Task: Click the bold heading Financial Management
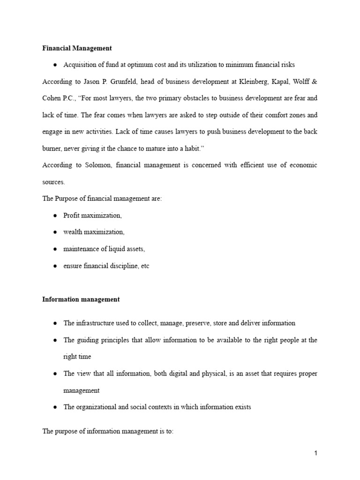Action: click(x=77, y=48)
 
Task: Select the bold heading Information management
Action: click(x=81, y=299)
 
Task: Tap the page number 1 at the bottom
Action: click(x=316, y=453)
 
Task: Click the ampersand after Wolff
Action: click(x=314, y=81)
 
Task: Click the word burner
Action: click(x=52, y=148)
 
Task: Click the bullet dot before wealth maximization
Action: click(x=55, y=232)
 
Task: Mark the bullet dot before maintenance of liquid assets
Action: click(x=55, y=249)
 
